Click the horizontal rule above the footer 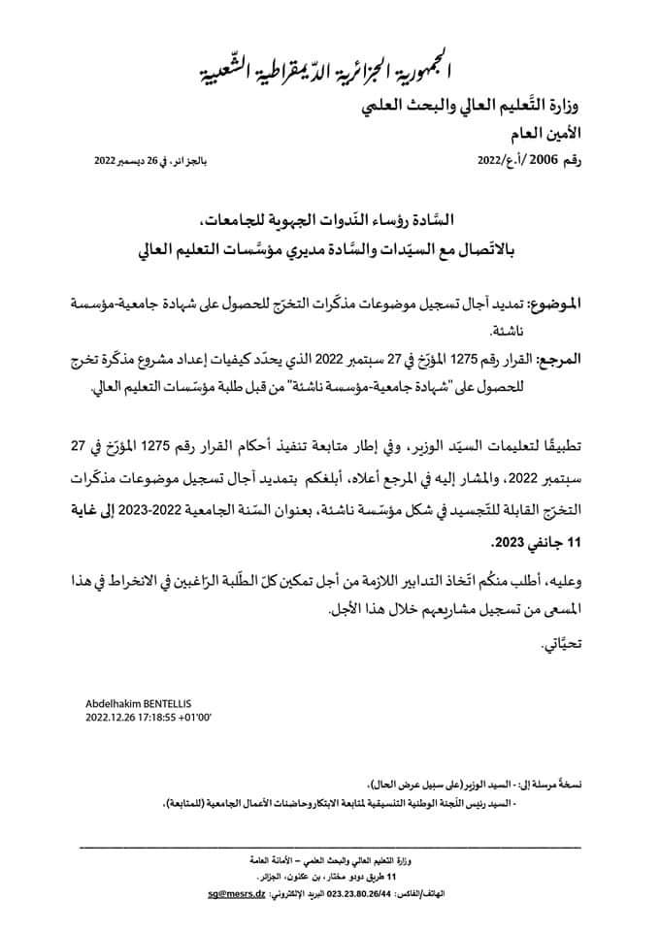coord(330,847)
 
